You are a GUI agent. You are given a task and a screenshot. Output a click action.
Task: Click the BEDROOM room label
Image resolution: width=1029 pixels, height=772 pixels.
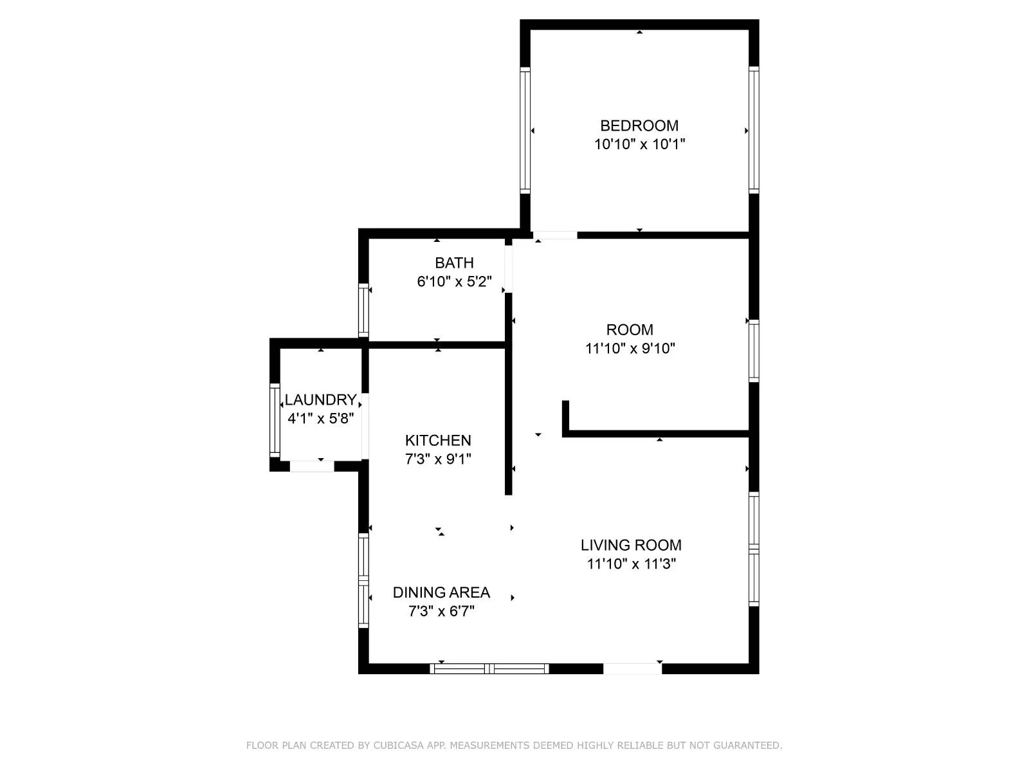[639, 125]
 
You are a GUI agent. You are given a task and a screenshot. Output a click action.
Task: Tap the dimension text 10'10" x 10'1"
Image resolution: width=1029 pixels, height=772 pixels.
[639, 144]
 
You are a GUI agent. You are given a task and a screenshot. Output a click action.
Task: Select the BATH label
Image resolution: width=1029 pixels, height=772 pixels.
[454, 262]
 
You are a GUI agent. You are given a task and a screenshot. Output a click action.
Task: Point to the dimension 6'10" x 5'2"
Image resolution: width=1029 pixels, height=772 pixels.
[454, 281]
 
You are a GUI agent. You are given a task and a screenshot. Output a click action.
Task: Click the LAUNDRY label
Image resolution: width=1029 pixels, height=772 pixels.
[320, 400]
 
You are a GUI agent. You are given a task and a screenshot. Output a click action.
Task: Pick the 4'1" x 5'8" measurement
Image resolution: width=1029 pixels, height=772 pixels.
[320, 418]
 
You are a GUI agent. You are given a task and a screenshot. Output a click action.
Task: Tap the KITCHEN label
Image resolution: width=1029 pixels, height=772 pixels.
[438, 440]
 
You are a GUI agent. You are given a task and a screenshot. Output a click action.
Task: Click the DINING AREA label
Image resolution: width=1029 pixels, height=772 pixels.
[441, 592]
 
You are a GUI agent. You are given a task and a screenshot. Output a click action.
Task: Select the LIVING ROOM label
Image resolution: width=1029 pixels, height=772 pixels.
[631, 545]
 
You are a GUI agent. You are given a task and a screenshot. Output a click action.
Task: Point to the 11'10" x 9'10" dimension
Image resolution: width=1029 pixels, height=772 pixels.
[630, 348]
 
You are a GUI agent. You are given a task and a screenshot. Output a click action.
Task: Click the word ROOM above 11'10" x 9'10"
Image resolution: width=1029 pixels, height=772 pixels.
[630, 329]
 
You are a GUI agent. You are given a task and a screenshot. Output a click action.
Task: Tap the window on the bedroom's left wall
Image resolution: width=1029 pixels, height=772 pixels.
[525, 131]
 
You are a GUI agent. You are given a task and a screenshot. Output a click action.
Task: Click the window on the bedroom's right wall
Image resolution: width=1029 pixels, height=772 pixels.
[754, 131]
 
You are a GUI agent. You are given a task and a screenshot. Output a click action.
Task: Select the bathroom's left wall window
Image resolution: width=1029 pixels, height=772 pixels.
[363, 311]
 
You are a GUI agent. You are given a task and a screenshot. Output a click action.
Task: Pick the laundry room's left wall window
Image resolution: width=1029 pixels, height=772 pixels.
[275, 419]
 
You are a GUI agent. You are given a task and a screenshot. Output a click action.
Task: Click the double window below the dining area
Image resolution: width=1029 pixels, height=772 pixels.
[489, 669]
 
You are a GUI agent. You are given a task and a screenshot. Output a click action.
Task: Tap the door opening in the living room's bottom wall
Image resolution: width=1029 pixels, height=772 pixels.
[632, 669]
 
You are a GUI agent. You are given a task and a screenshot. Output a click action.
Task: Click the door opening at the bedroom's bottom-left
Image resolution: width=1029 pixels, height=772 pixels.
[555, 235]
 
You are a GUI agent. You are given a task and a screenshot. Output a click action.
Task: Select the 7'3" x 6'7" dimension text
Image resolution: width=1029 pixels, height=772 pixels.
[441, 611]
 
